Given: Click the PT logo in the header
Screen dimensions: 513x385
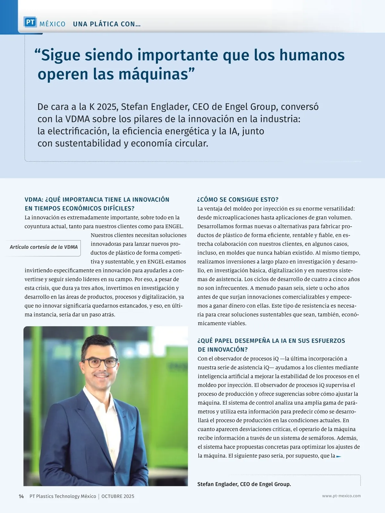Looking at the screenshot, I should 30,22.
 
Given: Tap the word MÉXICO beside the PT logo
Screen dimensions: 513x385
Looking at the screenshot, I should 52,24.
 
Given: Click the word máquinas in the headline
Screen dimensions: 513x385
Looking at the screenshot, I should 153,74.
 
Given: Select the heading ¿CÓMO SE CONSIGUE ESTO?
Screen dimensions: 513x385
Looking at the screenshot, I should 238,199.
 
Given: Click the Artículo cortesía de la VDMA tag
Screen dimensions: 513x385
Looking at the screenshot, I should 44,247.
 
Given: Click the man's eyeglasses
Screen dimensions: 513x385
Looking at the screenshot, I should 100,363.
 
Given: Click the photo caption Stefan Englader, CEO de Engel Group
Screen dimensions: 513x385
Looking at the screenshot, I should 244,484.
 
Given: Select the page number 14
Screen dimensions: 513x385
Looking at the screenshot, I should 21,496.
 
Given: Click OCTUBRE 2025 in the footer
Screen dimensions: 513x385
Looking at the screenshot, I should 118,496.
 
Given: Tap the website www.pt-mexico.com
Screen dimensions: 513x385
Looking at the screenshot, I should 341,496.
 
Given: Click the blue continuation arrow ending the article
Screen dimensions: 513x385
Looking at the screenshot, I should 338,456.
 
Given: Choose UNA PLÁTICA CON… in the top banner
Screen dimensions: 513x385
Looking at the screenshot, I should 107,24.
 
